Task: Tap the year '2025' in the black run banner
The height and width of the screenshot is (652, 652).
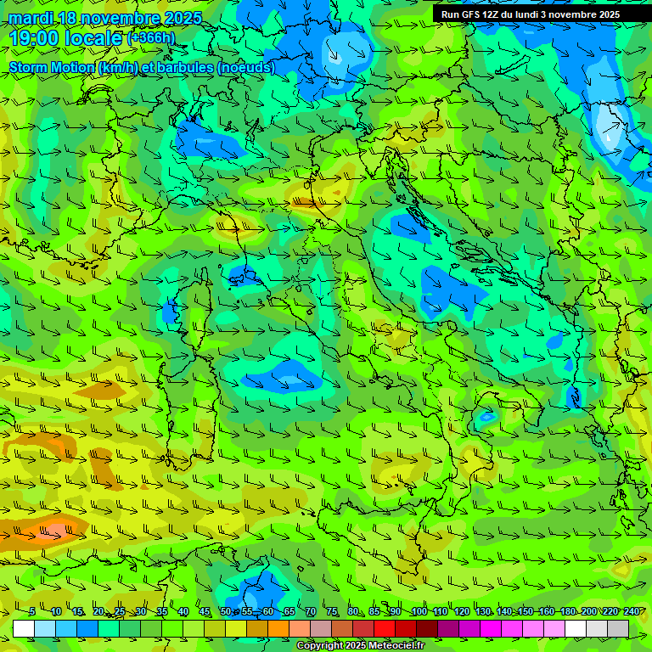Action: [x=604, y=14]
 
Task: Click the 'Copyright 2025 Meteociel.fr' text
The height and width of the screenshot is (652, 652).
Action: [x=360, y=646]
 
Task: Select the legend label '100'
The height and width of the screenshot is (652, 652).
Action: [x=419, y=612]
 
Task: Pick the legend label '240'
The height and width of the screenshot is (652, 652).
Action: [x=631, y=612]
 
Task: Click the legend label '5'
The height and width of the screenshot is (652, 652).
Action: [x=32, y=612]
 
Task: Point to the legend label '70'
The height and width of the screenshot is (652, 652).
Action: [x=311, y=612]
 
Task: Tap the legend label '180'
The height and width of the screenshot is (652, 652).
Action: [x=567, y=612]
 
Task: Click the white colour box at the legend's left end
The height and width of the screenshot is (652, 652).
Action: [x=24, y=628]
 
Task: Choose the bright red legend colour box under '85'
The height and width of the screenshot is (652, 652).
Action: [x=385, y=628]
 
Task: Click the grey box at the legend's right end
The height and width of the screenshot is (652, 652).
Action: [x=618, y=628]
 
